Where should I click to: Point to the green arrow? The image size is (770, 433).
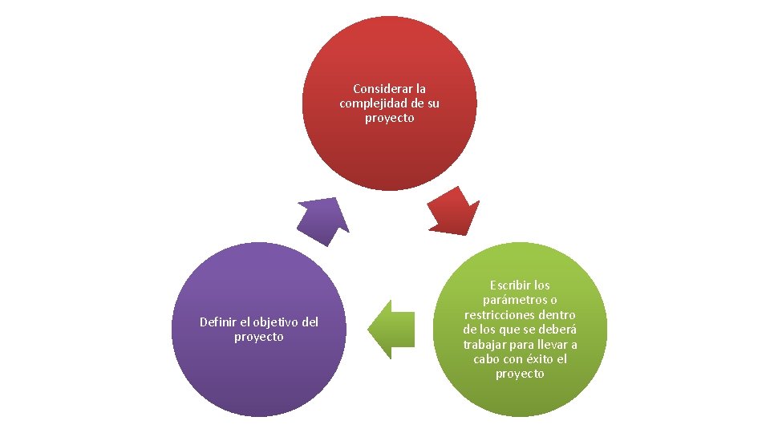tap(392, 330)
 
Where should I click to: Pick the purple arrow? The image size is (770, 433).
tap(323, 220)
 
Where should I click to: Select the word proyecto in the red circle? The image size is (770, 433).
tap(389, 118)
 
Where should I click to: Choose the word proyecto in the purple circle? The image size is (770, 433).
tap(258, 337)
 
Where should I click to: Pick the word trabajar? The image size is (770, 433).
tap(485, 345)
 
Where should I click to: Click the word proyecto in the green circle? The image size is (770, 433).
tap(520, 374)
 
